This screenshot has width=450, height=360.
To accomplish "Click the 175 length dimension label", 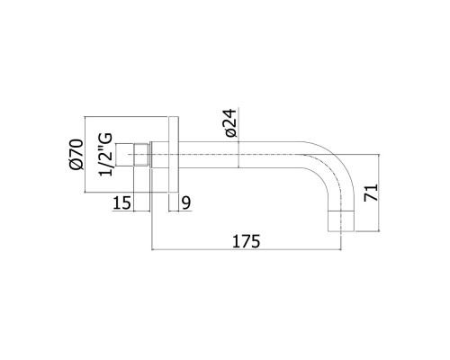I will click(247, 241).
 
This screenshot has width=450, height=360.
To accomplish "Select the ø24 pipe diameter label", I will click(230, 121).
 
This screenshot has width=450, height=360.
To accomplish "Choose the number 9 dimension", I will click(184, 203).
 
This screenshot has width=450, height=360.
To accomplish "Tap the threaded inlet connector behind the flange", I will click(140, 157).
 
